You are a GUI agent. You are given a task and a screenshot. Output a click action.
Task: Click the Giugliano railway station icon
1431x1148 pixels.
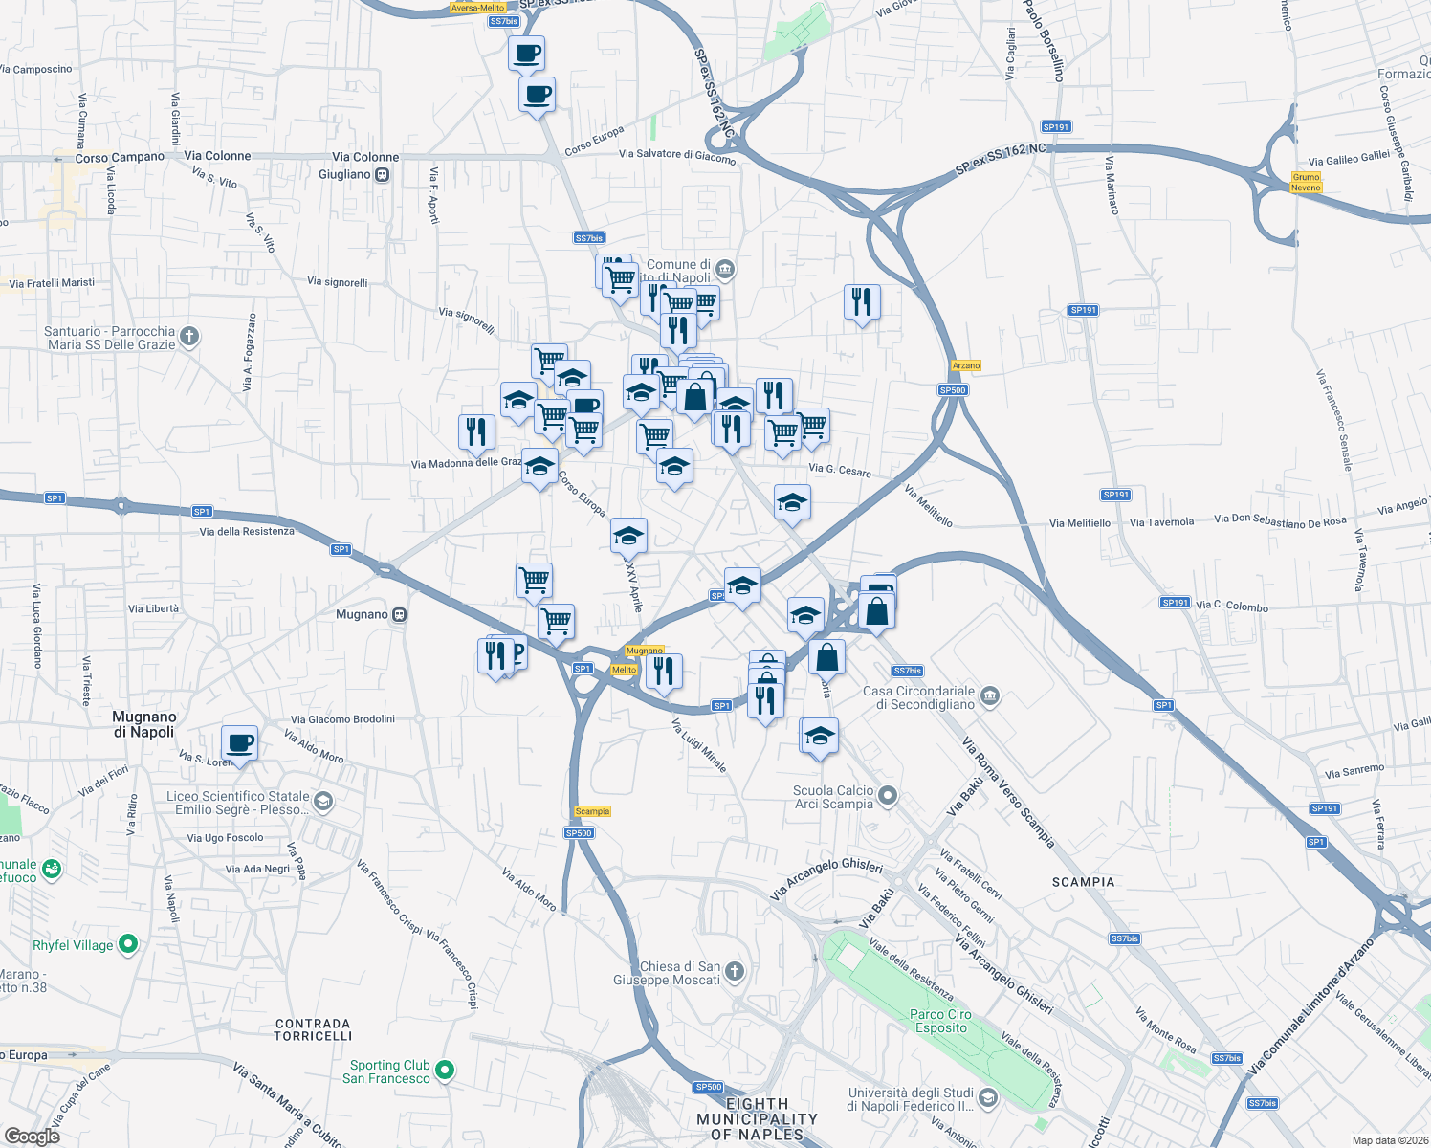pos(383,175)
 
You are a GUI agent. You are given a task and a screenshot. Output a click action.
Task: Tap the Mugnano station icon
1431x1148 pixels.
pos(400,615)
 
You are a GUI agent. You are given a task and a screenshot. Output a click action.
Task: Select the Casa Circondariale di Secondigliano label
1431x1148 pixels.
pos(918,697)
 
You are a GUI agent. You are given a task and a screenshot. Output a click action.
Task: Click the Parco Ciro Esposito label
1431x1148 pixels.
pos(940,1021)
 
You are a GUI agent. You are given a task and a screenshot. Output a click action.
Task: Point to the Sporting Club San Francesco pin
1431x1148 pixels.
pos(445,1071)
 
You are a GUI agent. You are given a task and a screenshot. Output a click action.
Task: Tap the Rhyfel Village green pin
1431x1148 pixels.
pos(127,944)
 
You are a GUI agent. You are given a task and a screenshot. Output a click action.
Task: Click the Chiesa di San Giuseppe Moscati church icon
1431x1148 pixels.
pos(734,972)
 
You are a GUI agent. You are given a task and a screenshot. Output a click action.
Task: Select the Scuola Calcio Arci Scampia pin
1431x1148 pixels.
pos(888,796)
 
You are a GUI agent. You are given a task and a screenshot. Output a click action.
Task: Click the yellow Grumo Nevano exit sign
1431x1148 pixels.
pos(1306,182)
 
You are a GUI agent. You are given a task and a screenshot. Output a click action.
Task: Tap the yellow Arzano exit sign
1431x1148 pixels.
pos(966,365)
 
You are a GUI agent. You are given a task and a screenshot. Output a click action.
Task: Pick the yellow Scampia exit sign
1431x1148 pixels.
pos(592,811)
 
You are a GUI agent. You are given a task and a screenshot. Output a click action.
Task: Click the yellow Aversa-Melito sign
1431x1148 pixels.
pos(477,8)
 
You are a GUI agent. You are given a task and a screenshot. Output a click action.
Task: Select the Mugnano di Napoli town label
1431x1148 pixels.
pos(144,724)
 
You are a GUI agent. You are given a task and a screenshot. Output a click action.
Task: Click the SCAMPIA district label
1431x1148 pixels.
pos(1083,882)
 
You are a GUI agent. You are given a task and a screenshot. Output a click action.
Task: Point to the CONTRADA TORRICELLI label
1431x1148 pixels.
pos(313,1029)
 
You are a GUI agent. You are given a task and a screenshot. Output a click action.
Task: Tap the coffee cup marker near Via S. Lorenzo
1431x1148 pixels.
pos(239,743)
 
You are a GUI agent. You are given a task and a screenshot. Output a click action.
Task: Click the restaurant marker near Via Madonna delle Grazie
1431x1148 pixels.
pos(475,431)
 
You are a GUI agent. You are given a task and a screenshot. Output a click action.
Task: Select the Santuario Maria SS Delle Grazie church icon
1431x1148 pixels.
pos(189,336)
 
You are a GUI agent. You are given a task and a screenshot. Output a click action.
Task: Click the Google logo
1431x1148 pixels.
pos(32,1136)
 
